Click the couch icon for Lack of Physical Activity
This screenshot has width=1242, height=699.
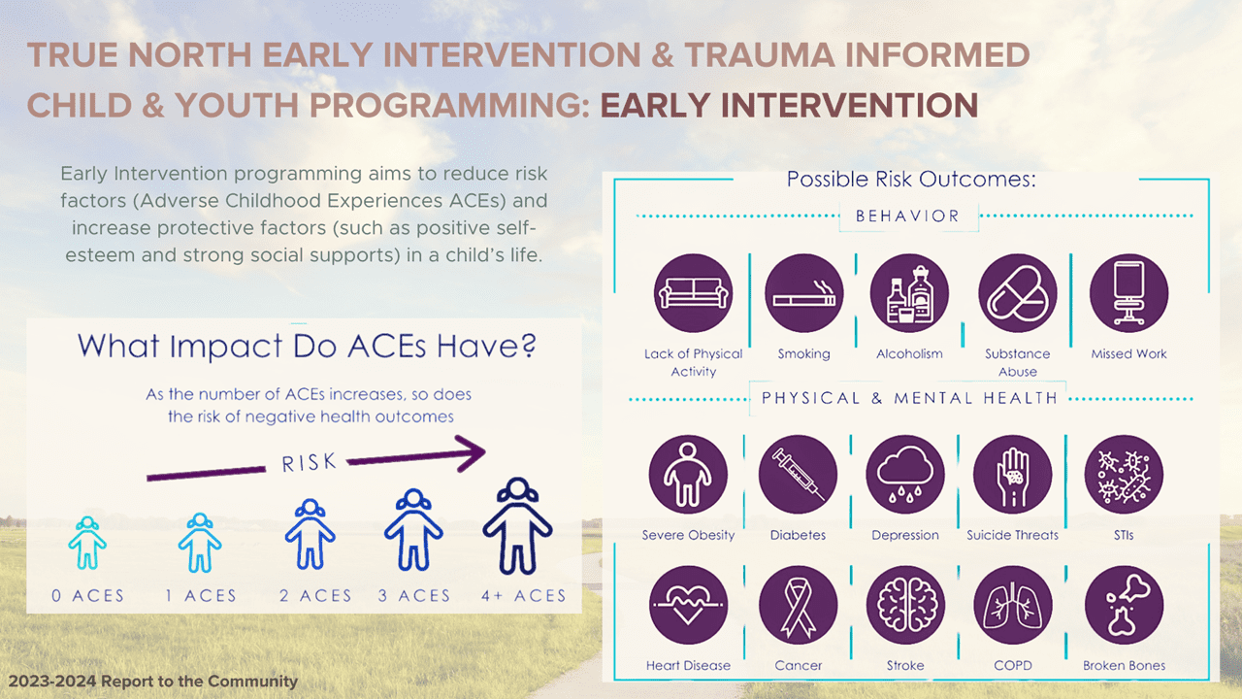pos(693,293)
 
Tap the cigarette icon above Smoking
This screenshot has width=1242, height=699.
pos(804,293)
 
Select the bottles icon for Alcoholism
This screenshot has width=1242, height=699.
pos(909,293)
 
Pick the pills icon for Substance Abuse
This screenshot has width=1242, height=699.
pos(1018,293)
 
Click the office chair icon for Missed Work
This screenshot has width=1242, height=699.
pos(1128,293)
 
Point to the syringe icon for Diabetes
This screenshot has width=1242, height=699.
pos(798,475)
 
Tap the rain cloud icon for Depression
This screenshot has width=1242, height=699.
pos(905,475)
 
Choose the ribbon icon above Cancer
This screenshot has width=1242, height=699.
pos(798,605)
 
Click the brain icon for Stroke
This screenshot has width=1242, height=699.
pos(905,605)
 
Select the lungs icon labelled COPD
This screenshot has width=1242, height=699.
pos(1013,605)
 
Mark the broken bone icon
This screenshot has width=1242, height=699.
pos(1124,605)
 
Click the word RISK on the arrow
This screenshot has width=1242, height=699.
pos(309,463)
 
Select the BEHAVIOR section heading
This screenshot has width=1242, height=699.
pos(907,216)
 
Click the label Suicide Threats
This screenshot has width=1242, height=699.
pos(1012,535)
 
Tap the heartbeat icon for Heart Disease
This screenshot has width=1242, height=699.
pos(688,605)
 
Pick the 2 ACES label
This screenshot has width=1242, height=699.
pos(315,596)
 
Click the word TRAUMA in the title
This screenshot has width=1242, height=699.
pos(760,55)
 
